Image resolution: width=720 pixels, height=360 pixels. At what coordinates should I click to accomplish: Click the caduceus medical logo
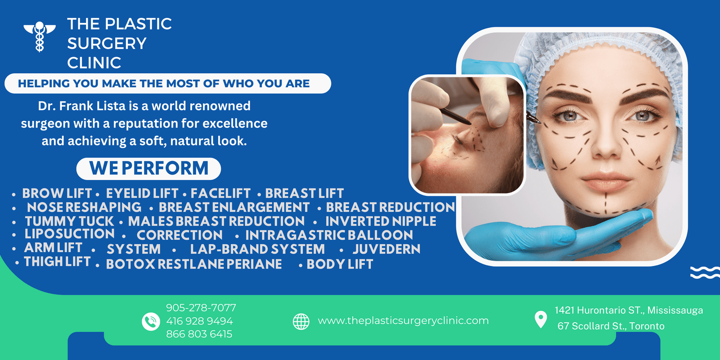[x=40, y=36]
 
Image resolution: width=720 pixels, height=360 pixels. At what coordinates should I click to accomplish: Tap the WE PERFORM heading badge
[x=148, y=168]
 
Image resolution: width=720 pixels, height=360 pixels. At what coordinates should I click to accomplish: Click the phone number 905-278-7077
[x=201, y=308]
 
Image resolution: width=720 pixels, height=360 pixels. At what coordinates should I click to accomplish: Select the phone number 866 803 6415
[x=199, y=334]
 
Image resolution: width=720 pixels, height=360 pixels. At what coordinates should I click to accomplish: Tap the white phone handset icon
[x=151, y=321]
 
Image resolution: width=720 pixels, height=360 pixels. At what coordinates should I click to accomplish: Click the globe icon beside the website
[x=301, y=321]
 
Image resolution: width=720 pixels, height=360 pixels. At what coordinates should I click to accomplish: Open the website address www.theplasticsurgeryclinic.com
[x=403, y=320]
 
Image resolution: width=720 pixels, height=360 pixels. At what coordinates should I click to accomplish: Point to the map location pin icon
[x=540, y=319]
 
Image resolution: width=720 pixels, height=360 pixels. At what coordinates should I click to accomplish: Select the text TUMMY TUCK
[x=69, y=221]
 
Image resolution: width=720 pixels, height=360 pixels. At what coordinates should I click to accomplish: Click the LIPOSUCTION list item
[x=69, y=234]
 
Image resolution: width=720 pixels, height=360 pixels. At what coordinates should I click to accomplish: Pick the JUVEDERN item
[x=387, y=249]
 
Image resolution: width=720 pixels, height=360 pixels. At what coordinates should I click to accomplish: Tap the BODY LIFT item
[x=340, y=264]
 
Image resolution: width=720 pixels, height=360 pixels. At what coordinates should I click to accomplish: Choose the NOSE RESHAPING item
[x=84, y=207]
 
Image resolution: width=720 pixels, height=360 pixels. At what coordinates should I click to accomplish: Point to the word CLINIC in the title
[x=94, y=63]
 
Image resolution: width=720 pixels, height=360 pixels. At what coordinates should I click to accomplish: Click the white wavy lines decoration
[x=705, y=273]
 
